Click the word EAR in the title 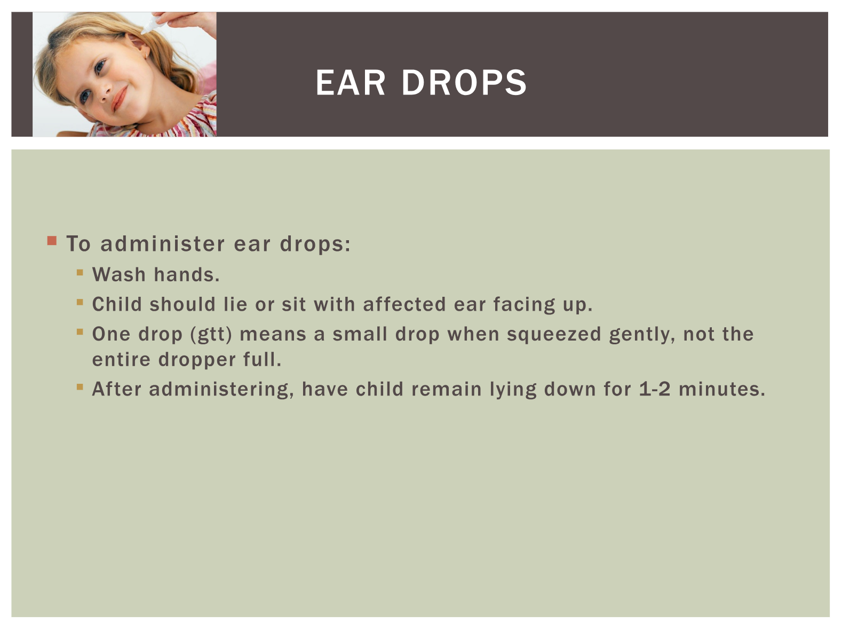pos(350,83)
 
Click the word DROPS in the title pos(464,83)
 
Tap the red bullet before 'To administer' pos(52,241)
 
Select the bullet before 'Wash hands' pos(80,273)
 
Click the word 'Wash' pos(119,275)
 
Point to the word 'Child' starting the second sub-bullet pos(117,304)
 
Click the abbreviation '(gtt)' pos(211,334)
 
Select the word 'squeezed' pos(554,335)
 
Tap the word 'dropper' pos(197,360)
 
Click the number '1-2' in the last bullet pos(655,389)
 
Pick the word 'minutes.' pos(722,389)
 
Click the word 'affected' pos(404,304)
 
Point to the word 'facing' pos(524,305)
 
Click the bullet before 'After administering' pos(80,387)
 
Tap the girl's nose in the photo pos(105,93)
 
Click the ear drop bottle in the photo pos(155,22)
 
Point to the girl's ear pos(139,48)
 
